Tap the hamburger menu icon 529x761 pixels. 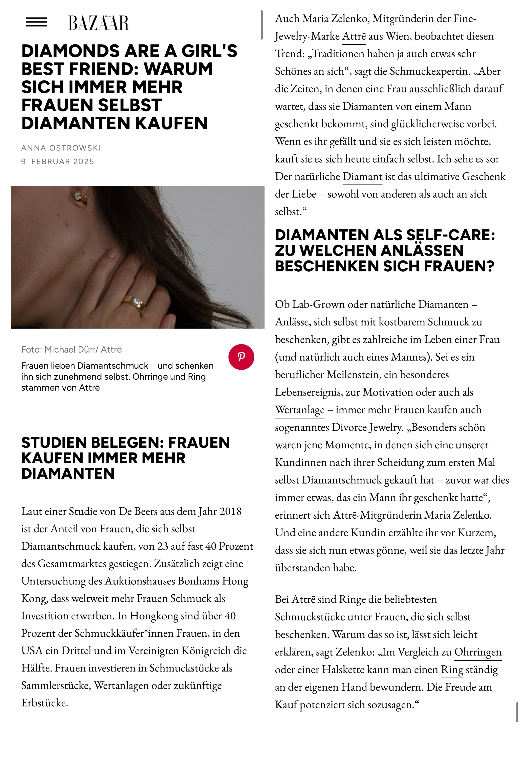pos(37,22)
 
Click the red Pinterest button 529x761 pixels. pos(241,357)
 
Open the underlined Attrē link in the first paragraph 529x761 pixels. pos(354,36)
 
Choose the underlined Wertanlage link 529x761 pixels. pos(300,410)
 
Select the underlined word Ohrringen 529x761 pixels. pos(478,652)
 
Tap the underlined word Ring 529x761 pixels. pos(452,669)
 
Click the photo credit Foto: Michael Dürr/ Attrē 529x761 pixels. pos(71,350)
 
